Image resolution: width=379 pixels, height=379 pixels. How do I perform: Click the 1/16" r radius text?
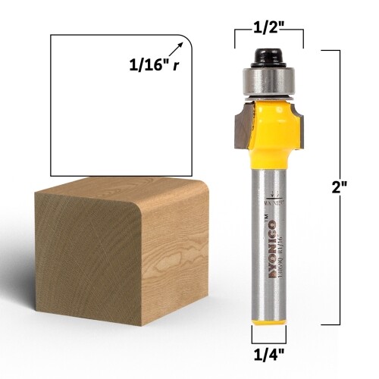pos(154,65)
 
